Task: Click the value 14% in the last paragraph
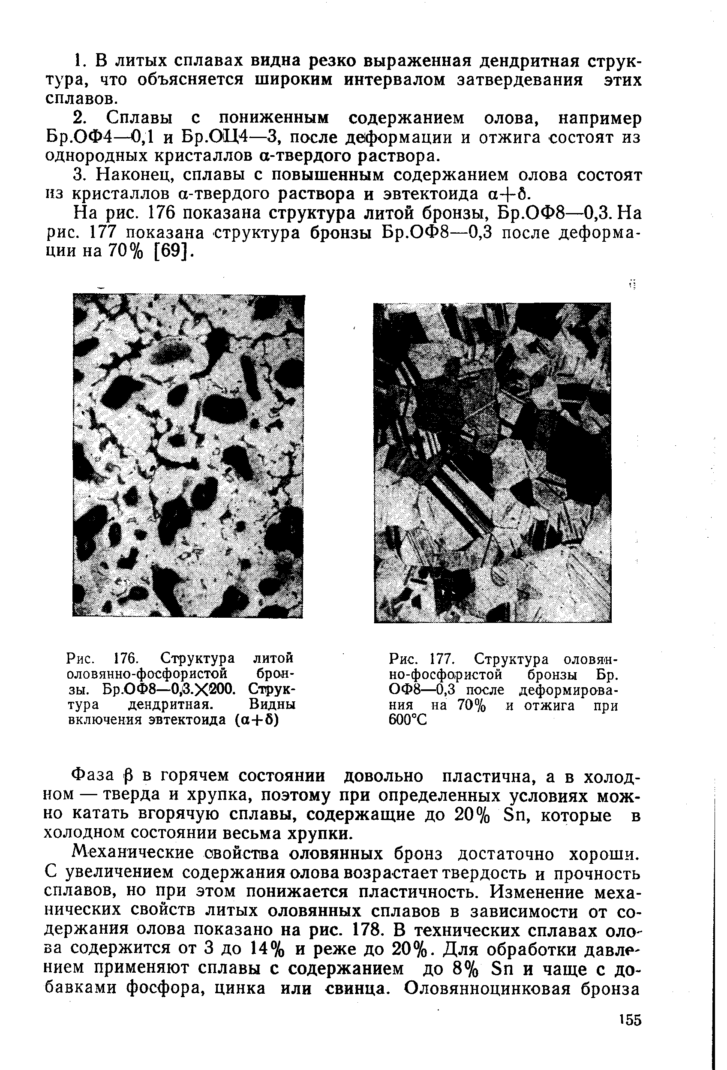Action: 256,948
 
